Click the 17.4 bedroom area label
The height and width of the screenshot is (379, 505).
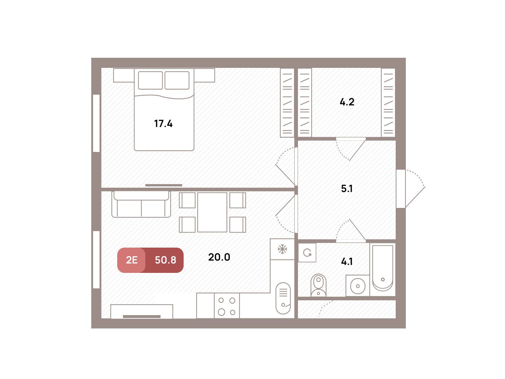pos(163,124)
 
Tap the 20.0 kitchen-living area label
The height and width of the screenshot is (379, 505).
pos(219,257)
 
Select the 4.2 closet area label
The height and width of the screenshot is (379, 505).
pos(347,102)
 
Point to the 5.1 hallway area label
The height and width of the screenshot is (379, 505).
pos(347,189)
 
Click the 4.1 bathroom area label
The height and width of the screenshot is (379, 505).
pos(347,262)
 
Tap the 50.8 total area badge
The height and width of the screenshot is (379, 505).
pos(166,260)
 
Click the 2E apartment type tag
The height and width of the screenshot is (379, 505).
pos(132,260)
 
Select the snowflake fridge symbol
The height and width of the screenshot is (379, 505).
pos(282,249)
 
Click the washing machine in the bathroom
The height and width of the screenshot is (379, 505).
pos(307,252)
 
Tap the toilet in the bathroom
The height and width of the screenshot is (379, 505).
pos(319,285)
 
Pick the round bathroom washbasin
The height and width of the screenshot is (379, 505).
pos(358,286)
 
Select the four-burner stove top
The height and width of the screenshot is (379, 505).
pos(227,306)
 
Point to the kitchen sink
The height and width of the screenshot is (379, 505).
pos(283,298)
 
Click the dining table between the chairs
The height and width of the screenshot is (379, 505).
pos(212,212)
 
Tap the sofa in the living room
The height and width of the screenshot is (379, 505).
pos(141,204)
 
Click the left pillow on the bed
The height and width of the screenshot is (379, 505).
pos(150,80)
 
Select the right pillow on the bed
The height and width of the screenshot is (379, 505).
pos(177,80)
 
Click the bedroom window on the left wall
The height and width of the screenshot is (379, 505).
pos(96,123)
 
